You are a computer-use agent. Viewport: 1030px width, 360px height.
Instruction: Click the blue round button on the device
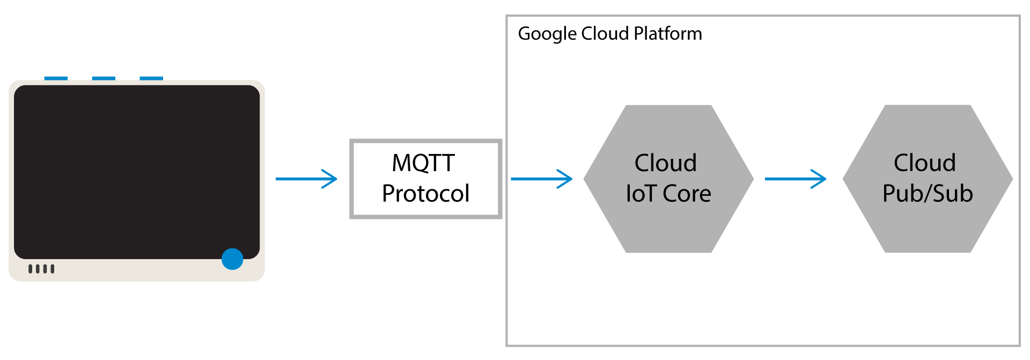click(x=232, y=259)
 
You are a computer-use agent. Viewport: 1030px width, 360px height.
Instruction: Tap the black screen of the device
click(x=137, y=172)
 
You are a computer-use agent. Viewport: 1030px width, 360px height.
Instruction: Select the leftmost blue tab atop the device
click(x=56, y=78)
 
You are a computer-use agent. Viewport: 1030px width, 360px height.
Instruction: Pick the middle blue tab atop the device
click(x=104, y=78)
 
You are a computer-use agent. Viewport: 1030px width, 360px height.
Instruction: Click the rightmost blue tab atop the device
click(x=151, y=78)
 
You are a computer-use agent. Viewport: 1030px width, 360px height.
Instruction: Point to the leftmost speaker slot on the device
click(x=31, y=269)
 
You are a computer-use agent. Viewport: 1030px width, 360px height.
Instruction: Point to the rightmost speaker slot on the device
click(x=52, y=269)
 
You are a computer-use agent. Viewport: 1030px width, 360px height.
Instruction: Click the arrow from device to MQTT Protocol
click(x=306, y=179)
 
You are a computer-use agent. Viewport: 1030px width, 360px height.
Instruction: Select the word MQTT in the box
click(x=423, y=163)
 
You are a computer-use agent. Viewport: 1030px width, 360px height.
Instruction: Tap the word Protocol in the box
click(x=426, y=194)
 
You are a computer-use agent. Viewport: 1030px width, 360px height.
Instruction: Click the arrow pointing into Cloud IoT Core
click(x=542, y=179)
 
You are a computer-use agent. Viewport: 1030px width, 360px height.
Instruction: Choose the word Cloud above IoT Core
click(x=666, y=163)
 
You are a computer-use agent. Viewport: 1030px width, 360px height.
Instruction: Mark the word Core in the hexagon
click(x=687, y=194)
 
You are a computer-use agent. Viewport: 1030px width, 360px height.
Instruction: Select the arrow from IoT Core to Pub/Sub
click(x=796, y=179)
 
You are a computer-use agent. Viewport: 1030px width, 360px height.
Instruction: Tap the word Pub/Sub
click(x=928, y=194)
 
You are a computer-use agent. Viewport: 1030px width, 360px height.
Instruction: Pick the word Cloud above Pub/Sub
click(x=925, y=163)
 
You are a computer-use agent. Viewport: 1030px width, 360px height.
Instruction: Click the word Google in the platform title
click(x=547, y=34)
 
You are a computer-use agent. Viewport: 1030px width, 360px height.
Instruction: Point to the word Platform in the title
click(x=668, y=34)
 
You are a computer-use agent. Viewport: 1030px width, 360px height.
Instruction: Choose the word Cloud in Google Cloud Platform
click(x=605, y=34)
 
